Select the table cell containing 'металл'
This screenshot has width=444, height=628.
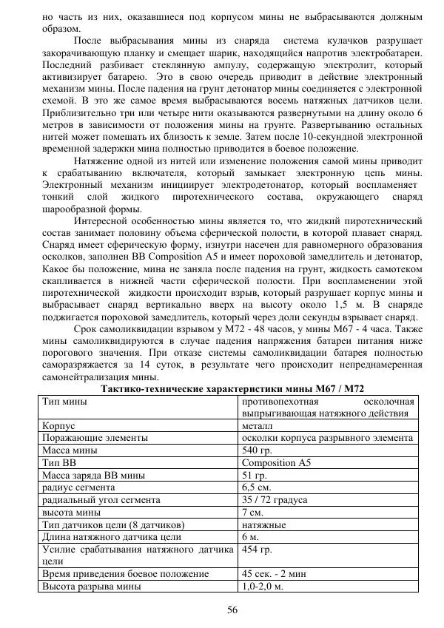[257, 426]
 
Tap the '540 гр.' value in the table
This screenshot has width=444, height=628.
[258, 450]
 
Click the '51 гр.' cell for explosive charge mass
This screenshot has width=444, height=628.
[255, 475]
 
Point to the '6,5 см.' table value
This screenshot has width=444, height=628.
[257, 487]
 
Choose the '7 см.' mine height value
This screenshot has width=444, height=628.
[253, 512]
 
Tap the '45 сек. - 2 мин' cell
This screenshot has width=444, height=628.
[277, 573]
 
